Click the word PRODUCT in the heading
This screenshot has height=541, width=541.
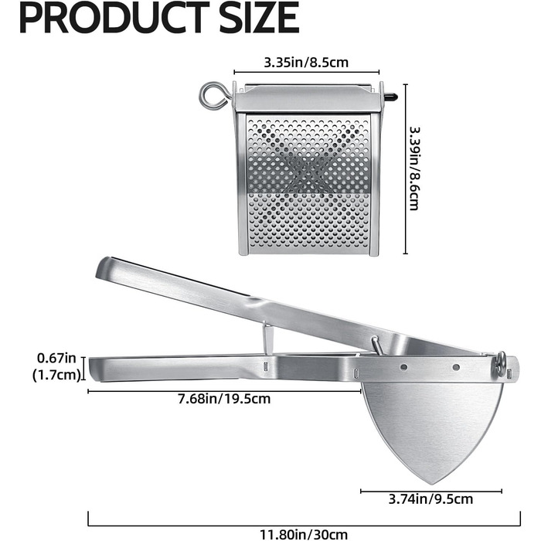(x=114, y=18)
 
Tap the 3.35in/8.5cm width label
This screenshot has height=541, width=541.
(x=306, y=63)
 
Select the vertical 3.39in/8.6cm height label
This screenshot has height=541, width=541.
(x=414, y=168)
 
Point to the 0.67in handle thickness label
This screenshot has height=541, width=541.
(x=56, y=358)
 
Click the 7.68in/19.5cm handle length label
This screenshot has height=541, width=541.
(x=224, y=399)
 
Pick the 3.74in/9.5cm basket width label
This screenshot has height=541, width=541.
(x=430, y=499)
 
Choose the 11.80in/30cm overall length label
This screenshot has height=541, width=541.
(x=304, y=535)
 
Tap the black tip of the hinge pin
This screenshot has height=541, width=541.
(x=390, y=97)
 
